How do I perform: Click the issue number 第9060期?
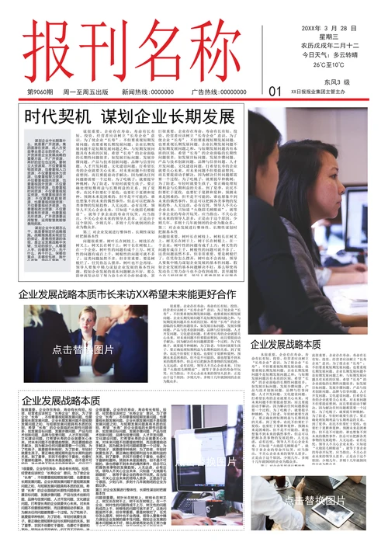pos(39,92)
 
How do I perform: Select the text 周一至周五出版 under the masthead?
pos(85,92)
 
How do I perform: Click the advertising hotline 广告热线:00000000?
pos(219,92)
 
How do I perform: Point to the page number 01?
pos(275,92)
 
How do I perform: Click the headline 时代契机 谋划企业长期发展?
pos(130,117)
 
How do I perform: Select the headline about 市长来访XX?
pos(126,294)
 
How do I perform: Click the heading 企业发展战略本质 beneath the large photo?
pos(285,343)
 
